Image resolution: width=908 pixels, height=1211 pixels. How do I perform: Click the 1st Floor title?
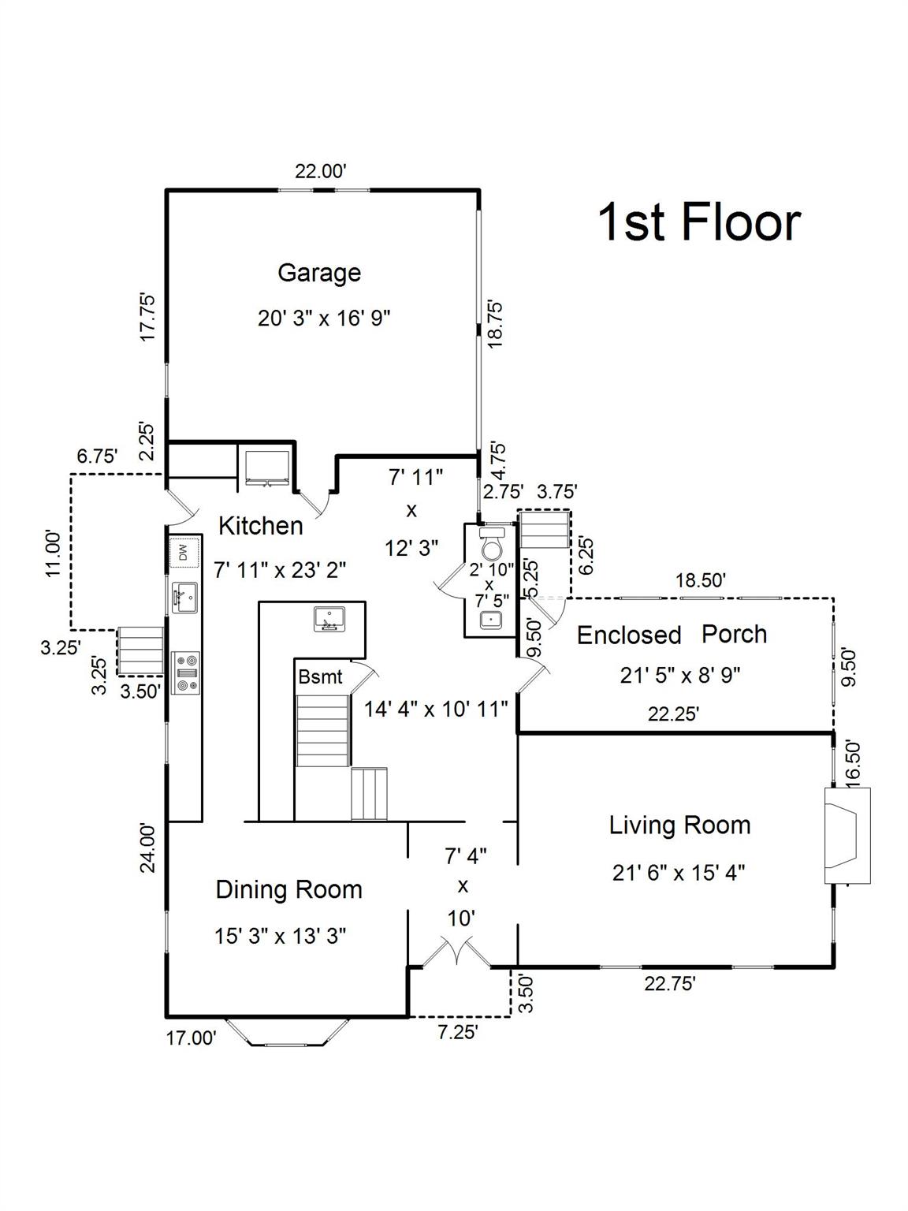pos(699,222)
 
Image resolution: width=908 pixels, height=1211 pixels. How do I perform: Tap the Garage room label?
pos(319,273)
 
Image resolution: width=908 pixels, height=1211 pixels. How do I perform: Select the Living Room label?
pos(679,826)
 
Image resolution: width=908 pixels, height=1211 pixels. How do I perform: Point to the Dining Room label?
pos(289,889)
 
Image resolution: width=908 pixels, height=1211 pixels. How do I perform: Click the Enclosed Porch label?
pos(672,635)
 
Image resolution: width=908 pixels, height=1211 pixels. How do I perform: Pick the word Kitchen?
pos(261,526)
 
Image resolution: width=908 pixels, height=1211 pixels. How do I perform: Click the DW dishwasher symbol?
pos(183,552)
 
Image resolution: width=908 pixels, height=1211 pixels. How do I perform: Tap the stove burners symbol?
pos(186,672)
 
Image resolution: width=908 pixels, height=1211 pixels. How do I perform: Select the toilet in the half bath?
pos(492,543)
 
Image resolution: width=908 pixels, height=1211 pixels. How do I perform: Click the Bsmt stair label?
pos(320,677)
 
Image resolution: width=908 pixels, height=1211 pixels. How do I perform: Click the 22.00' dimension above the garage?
pos(320,172)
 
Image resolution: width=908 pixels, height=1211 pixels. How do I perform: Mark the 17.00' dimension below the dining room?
pos(191,1038)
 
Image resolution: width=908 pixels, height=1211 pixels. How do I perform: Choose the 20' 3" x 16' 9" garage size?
pos(324,319)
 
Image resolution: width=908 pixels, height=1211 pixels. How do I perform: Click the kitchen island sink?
pos(329,618)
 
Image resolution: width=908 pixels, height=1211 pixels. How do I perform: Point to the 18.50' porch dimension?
pos(701,580)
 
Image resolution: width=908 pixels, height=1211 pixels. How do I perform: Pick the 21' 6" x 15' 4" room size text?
pos(679,873)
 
